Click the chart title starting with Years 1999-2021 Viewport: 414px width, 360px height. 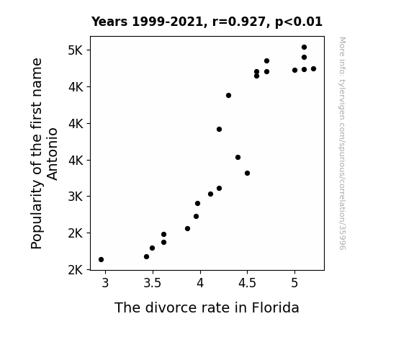(207, 22)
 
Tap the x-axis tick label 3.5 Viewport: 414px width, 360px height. (153, 283)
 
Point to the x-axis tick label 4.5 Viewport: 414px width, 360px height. (247, 283)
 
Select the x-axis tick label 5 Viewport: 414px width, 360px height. (294, 283)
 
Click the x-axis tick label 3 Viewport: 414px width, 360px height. (105, 283)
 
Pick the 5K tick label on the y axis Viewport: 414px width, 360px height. (76, 50)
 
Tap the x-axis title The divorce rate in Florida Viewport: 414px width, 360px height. (207, 307)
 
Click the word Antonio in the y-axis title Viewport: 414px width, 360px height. (52, 154)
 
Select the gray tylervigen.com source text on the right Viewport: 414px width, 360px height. (342, 143)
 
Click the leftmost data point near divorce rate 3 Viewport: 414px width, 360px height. (101, 260)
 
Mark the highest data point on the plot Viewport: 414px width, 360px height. (304, 48)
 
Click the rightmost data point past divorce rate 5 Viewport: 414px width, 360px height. (313, 68)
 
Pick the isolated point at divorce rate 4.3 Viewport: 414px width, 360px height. (229, 95)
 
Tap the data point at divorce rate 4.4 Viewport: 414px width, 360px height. (238, 158)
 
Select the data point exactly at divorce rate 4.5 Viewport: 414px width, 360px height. (248, 174)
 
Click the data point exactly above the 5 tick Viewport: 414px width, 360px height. (295, 71)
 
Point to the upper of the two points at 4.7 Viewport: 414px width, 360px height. (266, 61)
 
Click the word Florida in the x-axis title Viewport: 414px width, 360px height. (275, 307)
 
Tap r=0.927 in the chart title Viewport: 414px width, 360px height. (240, 22)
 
